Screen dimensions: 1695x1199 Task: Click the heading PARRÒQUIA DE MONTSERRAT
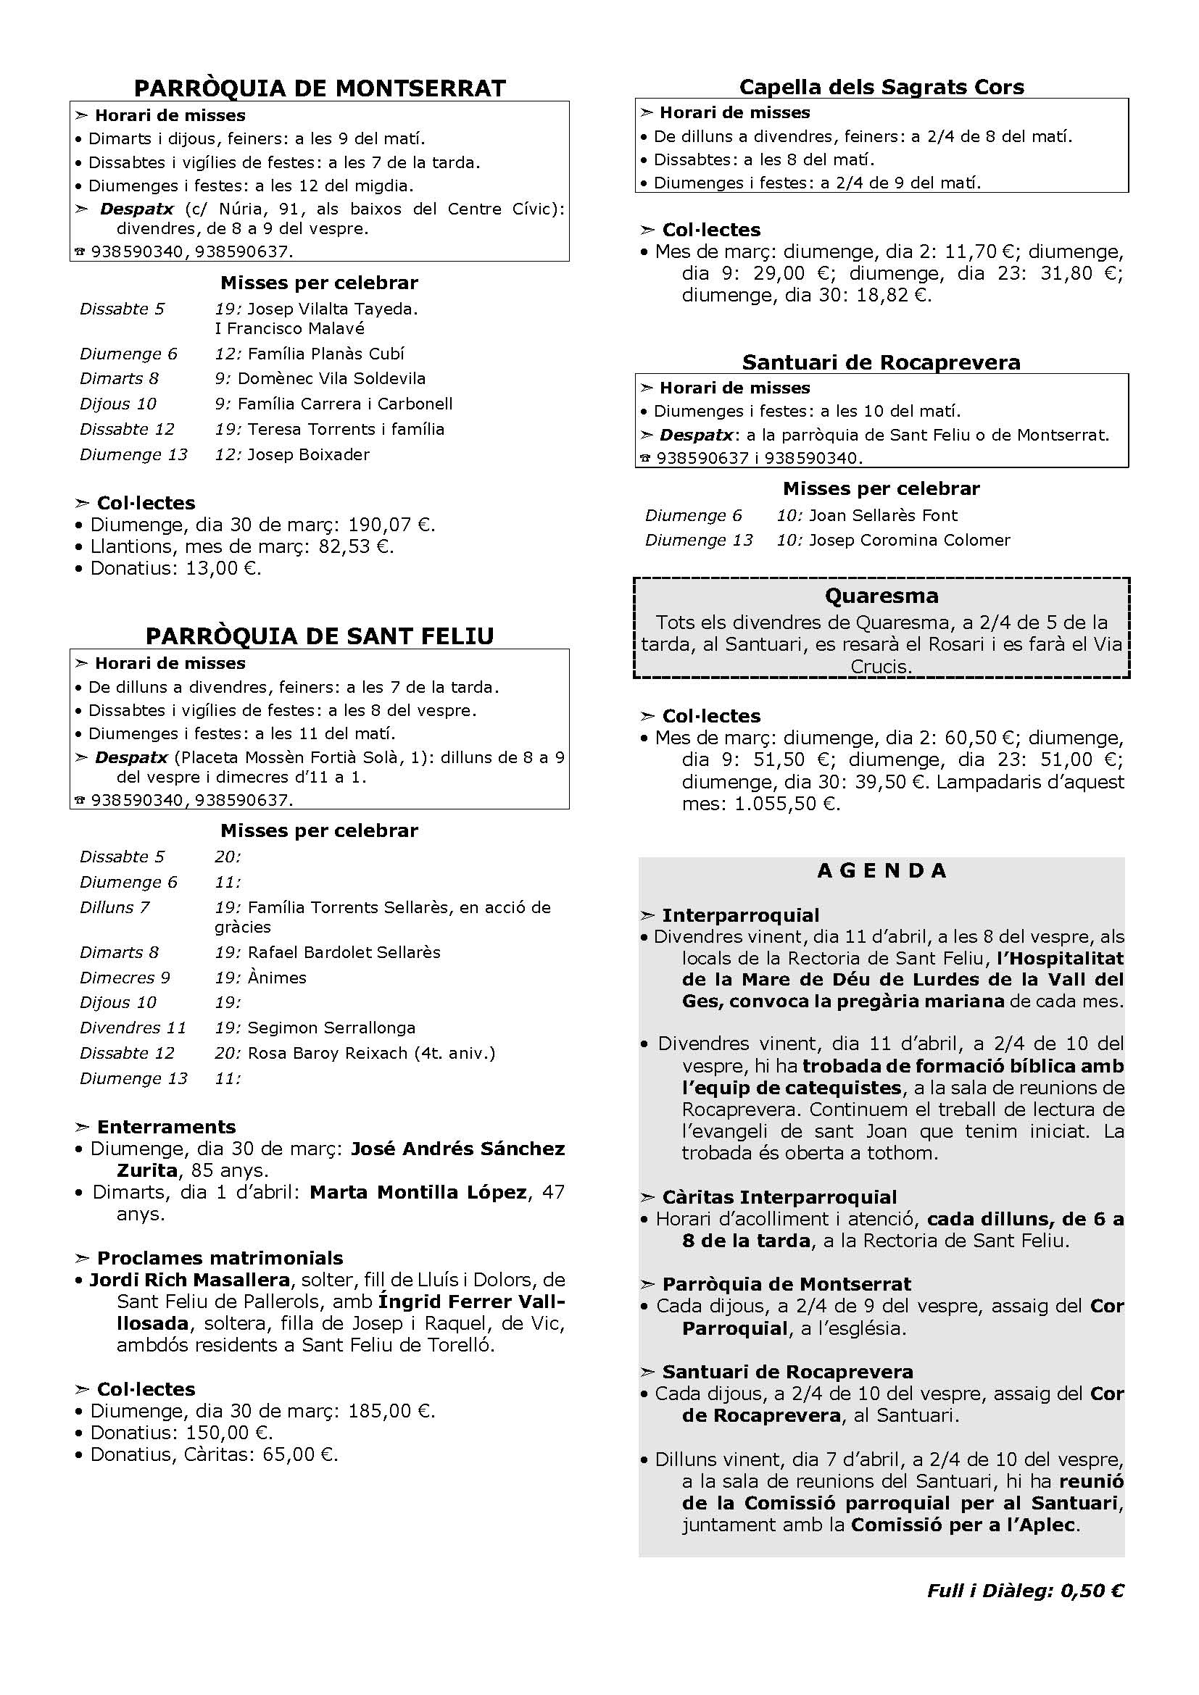click(320, 88)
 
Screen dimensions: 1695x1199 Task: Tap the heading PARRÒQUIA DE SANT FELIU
click(320, 636)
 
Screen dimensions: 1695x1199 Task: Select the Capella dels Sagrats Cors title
click(881, 87)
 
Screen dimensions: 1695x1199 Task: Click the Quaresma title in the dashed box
click(881, 596)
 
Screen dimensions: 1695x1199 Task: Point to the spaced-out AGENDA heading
click(881, 871)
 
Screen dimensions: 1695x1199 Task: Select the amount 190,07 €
click(391, 525)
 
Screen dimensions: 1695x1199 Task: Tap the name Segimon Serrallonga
click(331, 1028)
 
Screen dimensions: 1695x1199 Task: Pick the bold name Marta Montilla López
click(418, 1192)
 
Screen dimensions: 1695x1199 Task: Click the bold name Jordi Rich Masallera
click(190, 1279)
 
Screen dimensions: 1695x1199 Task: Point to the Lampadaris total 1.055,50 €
click(787, 804)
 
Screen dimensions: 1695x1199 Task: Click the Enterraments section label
click(166, 1127)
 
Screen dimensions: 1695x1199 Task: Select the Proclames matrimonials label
click(220, 1258)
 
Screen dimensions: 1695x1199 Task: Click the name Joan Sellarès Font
click(883, 515)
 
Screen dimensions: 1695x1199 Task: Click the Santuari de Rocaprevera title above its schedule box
click(881, 362)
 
